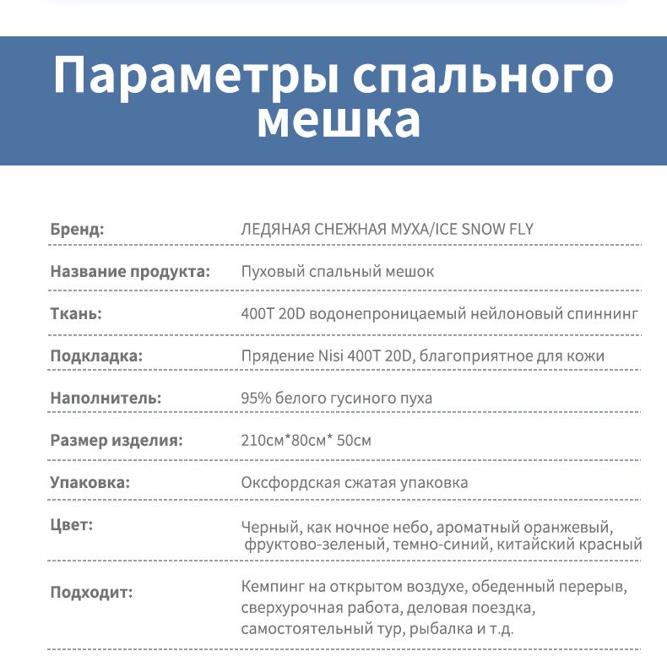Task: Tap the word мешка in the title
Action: pos(338,121)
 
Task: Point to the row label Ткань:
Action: pos(76,314)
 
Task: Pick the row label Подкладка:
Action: pos(96,356)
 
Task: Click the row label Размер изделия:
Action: pos(116,441)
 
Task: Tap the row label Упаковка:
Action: pos(90,483)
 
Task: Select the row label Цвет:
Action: pos(72,525)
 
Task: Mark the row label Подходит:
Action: pos(92,592)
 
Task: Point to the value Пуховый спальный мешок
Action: pos(338,272)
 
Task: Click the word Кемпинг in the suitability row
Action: pos(272,587)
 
